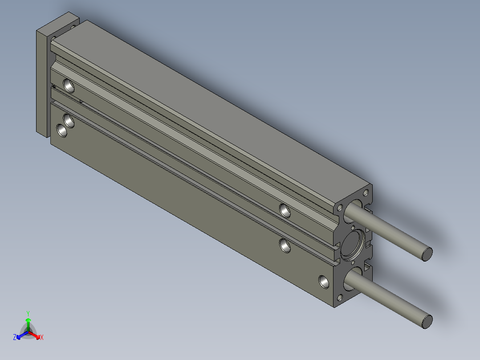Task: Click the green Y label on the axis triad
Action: [x=28, y=313]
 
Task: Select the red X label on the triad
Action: [x=42, y=337]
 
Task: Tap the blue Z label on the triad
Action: [x=15, y=337]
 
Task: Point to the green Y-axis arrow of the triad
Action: [x=28, y=324]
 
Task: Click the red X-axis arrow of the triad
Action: [x=35, y=335]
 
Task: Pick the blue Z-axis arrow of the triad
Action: [x=22, y=335]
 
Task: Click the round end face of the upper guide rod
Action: [x=427, y=254]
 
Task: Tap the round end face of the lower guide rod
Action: [x=427, y=321]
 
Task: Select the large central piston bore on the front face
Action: [x=352, y=245]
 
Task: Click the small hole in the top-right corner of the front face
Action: [x=366, y=193]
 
